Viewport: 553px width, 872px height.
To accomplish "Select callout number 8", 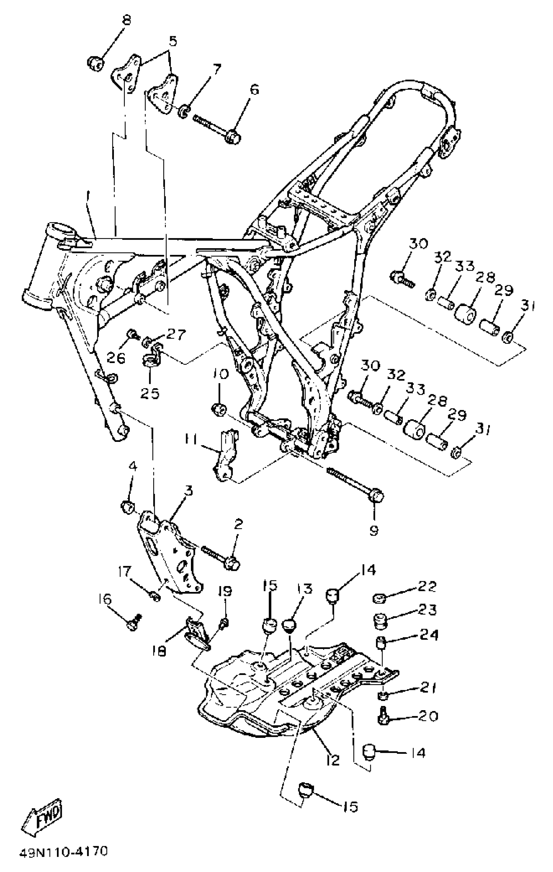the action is [126, 20].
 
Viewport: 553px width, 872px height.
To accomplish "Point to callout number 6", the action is [255, 90].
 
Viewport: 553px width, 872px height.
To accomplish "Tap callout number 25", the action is [150, 393].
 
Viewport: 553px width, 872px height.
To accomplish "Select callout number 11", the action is [191, 439].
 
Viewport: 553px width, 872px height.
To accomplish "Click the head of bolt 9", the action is [375, 495].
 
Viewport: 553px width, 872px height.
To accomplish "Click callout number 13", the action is [306, 589].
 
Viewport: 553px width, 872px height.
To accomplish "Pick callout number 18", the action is [159, 651].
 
